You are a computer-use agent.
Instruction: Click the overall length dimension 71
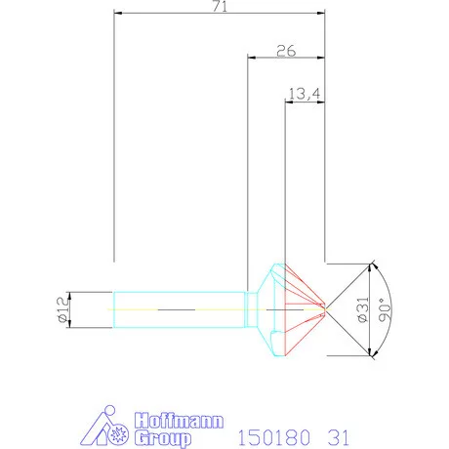click(x=220, y=8)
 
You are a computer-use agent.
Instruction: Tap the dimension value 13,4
click(x=304, y=94)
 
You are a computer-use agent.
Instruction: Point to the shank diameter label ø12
click(x=60, y=310)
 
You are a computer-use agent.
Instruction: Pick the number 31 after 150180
click(x=337, y=429)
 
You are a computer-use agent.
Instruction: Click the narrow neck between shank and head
click(x=250, y=309)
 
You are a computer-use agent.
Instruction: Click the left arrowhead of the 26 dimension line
click(x=250, y=58)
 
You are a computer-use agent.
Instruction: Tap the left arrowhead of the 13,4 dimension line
click(x=287, y=102)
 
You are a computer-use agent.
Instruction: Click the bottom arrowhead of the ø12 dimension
click(x=76, y=325)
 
